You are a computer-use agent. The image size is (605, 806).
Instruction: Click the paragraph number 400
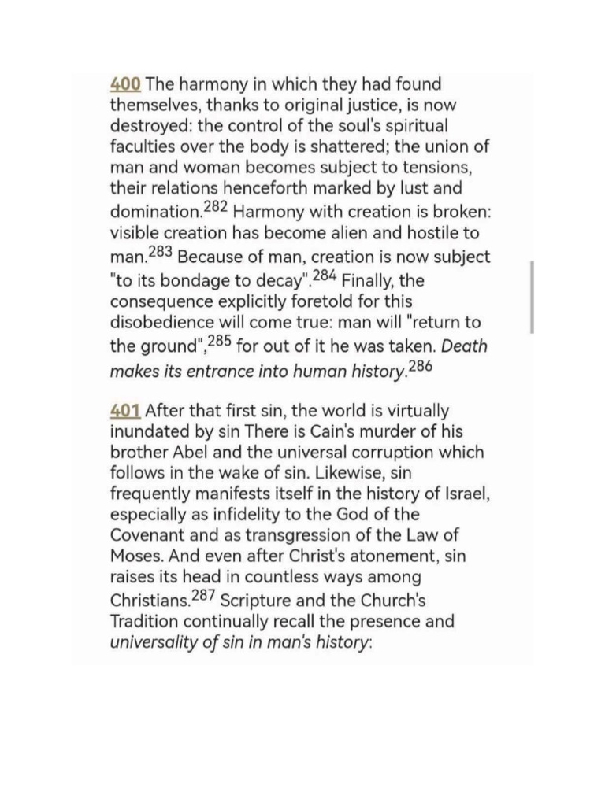click(125, 83)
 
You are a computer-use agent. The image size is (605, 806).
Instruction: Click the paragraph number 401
click(125, 410)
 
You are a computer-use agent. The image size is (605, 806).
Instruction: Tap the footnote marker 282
click(213, 207)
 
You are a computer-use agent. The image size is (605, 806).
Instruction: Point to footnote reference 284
click(325, 274)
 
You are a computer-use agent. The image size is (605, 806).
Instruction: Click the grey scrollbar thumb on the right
click(533, 298)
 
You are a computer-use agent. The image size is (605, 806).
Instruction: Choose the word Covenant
click(147, 537)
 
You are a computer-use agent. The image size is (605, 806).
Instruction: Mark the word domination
click(154, 213)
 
